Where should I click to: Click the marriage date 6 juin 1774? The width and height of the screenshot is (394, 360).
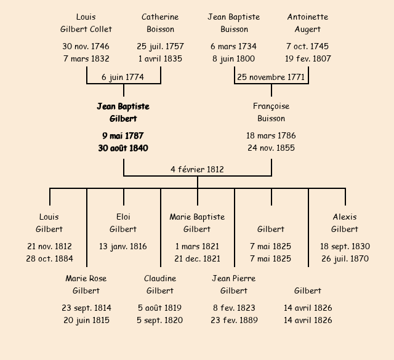point(123,77)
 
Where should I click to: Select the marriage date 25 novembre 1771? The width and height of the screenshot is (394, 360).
point(271,77)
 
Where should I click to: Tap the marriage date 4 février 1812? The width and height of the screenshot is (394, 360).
point(197,169)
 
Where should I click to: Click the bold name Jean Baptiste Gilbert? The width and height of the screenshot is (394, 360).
point(123,113)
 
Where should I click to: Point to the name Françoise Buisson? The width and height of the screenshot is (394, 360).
point(271,113)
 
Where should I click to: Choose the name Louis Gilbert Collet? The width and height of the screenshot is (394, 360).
point(86,23)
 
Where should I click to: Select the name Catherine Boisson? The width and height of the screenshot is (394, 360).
point(160,23)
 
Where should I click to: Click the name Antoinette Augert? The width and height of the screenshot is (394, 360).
point(308,23)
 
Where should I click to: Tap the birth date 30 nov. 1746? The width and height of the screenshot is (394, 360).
point(86,46)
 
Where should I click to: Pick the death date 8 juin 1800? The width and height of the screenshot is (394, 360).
point(234,58)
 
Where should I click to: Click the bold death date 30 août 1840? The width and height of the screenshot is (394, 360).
point(123,148)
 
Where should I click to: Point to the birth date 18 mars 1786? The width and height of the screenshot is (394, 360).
point(271,135)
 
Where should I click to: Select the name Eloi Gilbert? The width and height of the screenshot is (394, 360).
point(123,223)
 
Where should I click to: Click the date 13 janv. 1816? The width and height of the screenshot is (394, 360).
point(123,246)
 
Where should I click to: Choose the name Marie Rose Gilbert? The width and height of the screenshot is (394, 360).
point(86,284)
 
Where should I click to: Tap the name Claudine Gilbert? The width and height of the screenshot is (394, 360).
point(160,284)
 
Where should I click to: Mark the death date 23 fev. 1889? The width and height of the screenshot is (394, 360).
point(234,320)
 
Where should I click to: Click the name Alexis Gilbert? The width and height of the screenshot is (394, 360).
point(345,223)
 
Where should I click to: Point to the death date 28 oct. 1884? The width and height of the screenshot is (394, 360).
point(49,258)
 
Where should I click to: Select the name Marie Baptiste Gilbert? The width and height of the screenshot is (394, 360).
point(197,223)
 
